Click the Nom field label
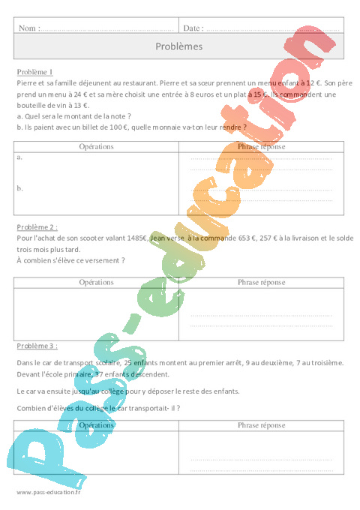[x=27, y=28]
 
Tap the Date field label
[x=193, y=28]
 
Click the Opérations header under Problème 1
[x=96, y=147]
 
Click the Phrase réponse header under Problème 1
[x=261, y=147]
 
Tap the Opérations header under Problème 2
[x=96, y=282]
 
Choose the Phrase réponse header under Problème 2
[x=261, y=282]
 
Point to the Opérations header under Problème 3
[x=96, y=424]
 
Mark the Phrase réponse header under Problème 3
[x=261, y=424]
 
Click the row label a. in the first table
[x=19, y=158]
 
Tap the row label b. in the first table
[x=19, y=188]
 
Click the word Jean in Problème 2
[x=158, y=237]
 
